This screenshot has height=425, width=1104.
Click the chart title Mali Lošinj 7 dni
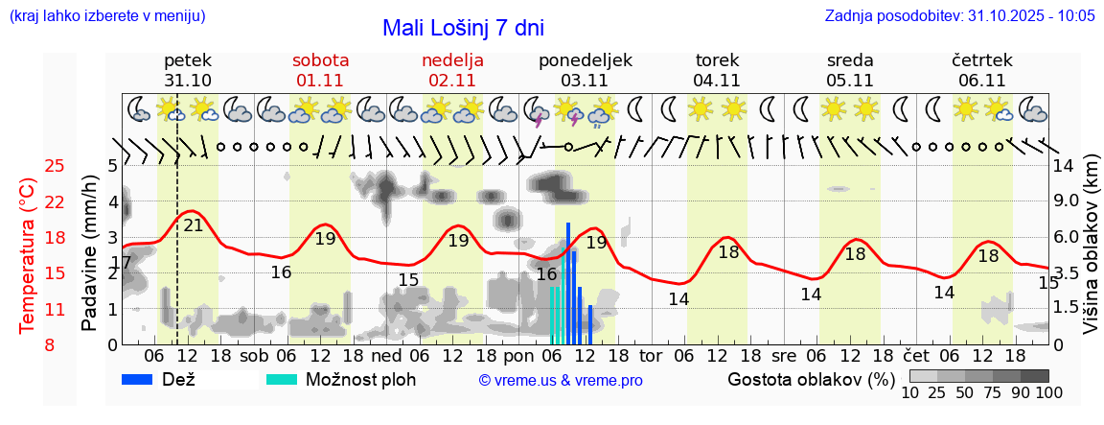pyautogui.click(x=463, y=28)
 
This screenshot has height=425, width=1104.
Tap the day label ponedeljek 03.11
pyautogui.click(x=585, y=70)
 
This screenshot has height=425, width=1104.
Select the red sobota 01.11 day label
pyautogui.click(x=321, y=70)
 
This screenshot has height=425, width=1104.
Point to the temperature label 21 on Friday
pyautogui.click(x=194, y=225)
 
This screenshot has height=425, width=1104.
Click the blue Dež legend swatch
pyautogui.click(x=144, y=379)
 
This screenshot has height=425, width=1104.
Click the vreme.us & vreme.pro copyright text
pyautogui.click(x=561, y=380)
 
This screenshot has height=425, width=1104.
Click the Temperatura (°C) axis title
pyautogui.click(x=28, y=256)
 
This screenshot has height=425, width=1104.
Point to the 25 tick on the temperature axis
pyautogui.click(x=56, y=166)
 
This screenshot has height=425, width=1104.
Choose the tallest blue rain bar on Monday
pyautogui.click(x=568, y=283)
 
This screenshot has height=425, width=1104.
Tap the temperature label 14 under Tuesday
pyautogui.click(x=678, y=298)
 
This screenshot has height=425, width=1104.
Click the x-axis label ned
pyautogui.click(x=386, y=355)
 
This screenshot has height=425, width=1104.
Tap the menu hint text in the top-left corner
pyautogui.click(x=106, y=16)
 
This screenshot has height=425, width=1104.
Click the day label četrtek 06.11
pyautogui.click(x=981, y=70)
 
